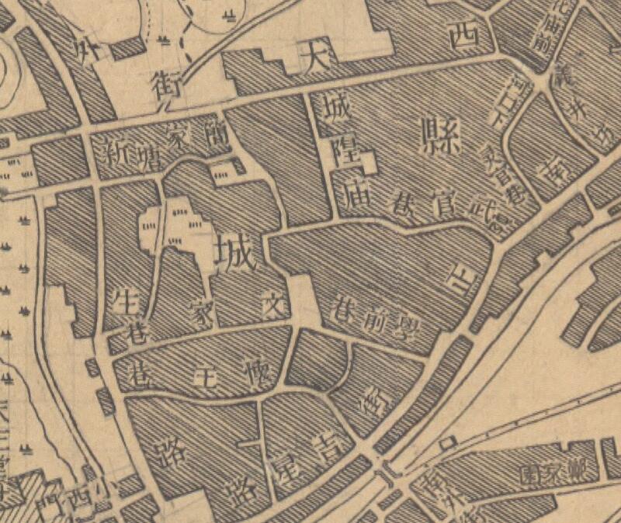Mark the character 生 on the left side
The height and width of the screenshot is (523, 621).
126,300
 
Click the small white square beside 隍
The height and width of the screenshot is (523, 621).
368,163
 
